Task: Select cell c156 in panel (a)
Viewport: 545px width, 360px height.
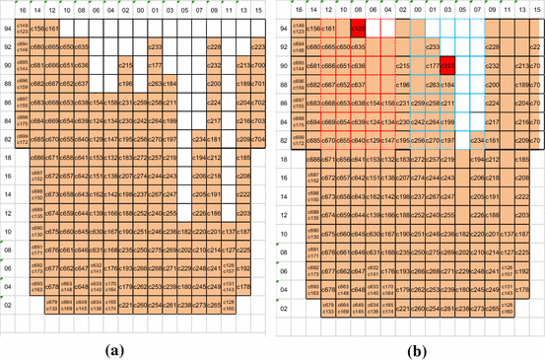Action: point(37,30)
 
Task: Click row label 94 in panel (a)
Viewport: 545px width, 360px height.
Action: point(8,30)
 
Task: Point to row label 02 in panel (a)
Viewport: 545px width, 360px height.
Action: point(8,307)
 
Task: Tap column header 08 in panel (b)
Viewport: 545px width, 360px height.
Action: point(358,10)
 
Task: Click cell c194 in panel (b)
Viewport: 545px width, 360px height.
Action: point(478,158)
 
